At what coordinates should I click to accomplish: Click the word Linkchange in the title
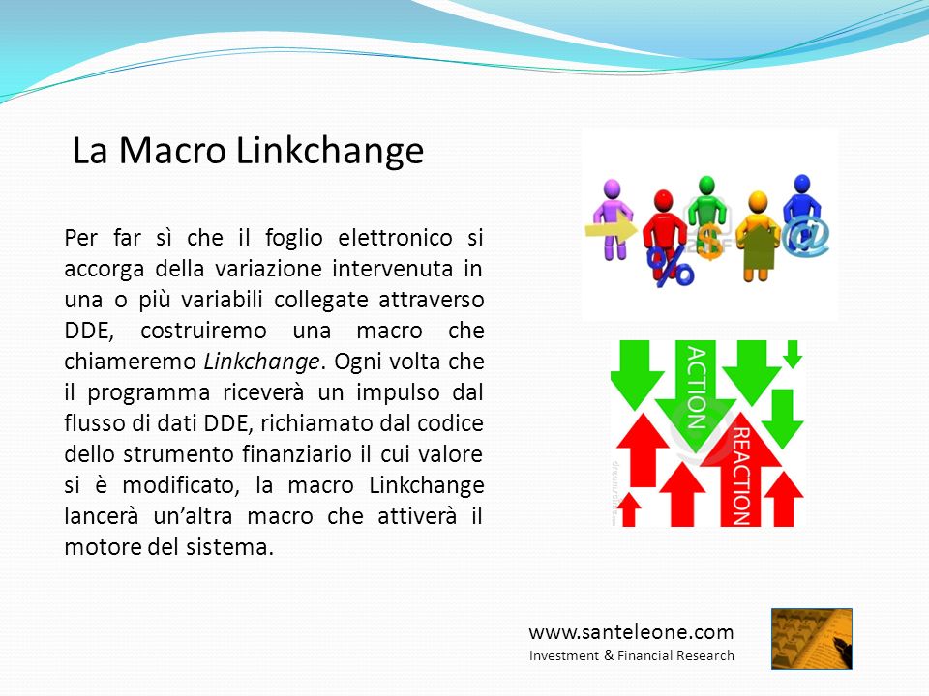[330, 151]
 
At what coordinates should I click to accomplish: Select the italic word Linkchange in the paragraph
[261, 362]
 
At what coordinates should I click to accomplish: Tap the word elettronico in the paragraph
[395, 238]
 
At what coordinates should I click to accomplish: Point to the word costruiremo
[203, 331]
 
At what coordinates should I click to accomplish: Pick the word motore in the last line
[103, 547]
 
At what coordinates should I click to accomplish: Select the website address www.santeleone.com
[631, 632]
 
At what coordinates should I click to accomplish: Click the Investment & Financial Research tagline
[632, 655]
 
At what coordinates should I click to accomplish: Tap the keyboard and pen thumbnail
[811, 639]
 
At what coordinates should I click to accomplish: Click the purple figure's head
[612, 189]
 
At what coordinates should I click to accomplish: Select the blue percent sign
[670, 267]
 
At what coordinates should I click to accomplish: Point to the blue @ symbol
[805, 235]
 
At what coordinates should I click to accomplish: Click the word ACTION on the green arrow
[696, 388]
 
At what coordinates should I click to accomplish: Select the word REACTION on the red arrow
[741, 477]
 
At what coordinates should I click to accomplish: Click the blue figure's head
[802, 184]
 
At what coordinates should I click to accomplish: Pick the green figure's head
[706, 186]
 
